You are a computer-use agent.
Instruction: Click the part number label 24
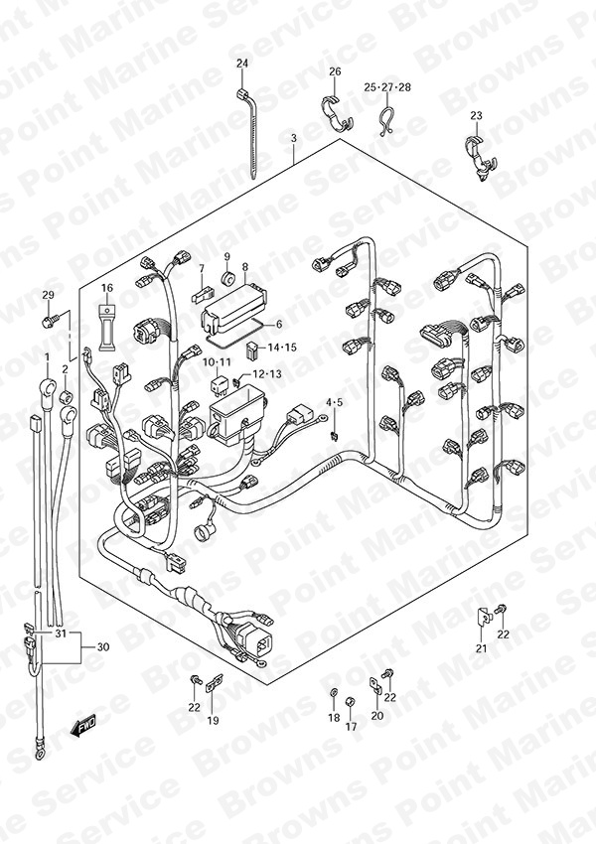point(242,64)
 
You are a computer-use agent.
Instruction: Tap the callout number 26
point(335,71)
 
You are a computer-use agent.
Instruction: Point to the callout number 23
point(476,116)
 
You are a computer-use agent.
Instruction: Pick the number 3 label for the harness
point(293,138)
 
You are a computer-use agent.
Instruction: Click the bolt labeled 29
point(46,323)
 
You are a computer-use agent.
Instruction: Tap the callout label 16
point(107,288)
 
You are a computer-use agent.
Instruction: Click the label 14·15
point(283,348)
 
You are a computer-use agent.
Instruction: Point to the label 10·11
point(217,361)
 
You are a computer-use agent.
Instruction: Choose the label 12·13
point(267,374)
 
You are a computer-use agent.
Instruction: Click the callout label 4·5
point(334,401)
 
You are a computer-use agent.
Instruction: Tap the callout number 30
point(103,646)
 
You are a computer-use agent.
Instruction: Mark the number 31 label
point(61,633)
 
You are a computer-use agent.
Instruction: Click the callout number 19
point(214,720)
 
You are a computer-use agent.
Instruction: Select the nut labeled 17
point(349,701)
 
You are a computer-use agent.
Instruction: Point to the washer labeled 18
point(334,692)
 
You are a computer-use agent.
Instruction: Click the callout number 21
point(482,648)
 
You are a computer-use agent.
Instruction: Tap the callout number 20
point(377,715)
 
